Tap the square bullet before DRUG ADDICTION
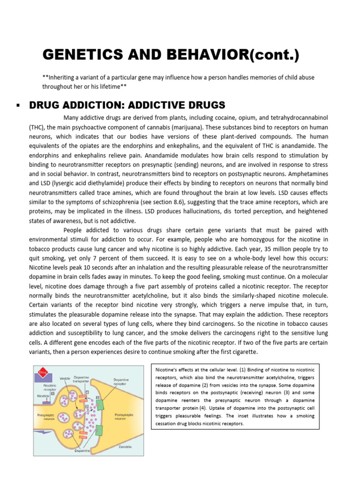pyautogui.click(x=18, y=105)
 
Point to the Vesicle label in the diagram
pyautogui.click(x=65, y=377)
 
